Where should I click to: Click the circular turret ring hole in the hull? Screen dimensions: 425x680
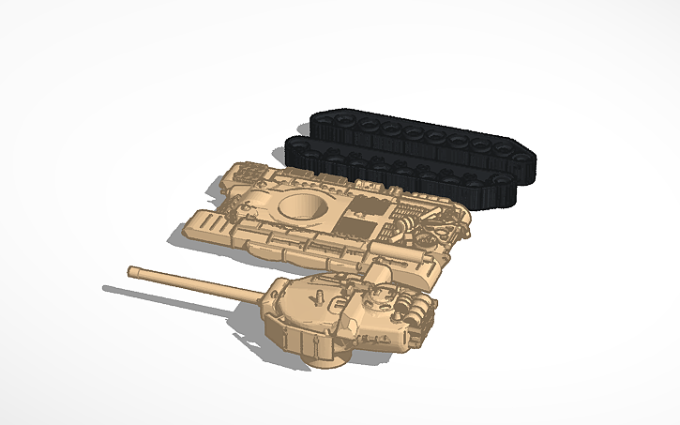302,207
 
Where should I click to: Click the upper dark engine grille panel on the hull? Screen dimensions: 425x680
367,204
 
